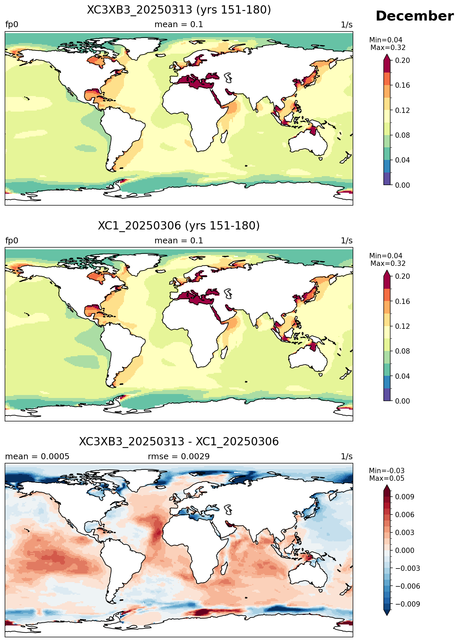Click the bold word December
pyautogui.click(x=415, y=16)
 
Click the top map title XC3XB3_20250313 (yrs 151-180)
pyautogui.click(x=179, y=10)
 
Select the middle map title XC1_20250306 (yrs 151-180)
pyautogui.click(x=179, y=226)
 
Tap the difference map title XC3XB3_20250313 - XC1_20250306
pyautogui.click(x=179, y=442)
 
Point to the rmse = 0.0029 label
pyautogui.click(x=179, y=457)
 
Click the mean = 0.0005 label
pyautogui.click(x=37, y=457)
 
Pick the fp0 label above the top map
pyautogui.click(x=12, y=25)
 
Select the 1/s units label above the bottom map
pyautogui.click(x=347, y=457)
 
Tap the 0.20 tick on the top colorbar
pyautogui.click(x=402, y=60)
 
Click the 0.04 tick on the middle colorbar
pyautogui.click(x=402, y=376)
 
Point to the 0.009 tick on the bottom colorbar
pyautogui.click(x=404, y=497)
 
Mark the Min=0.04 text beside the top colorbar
pyautogui.click(x=386, y=40)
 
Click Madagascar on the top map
pyautogui.click(x=224, y=136)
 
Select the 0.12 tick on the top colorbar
pyautogui.click(x=402, y=110)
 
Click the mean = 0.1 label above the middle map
pyautogui.click(x=179, y=241)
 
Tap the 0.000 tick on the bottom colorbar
pyautogui.click(x=404, y=550)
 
